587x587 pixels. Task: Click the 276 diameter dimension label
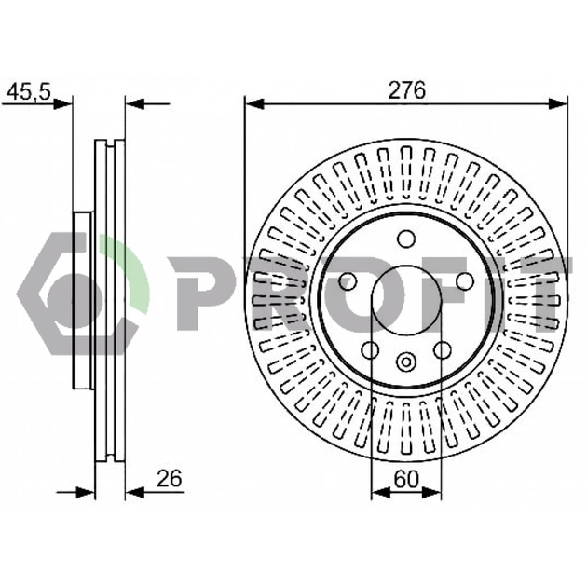[407, 90]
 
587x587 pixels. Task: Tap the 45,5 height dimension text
[29, 91]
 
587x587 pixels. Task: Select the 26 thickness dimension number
[170, 478]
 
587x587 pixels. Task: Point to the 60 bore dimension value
[406, 479]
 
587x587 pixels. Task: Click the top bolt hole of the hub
[406, 239]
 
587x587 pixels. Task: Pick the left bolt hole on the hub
[348, 281]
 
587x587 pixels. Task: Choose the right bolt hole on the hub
[465, 281]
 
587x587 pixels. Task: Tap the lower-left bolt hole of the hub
[370, 349]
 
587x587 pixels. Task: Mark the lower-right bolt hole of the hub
[443, 349]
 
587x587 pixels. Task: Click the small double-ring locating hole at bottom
[406, 362]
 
